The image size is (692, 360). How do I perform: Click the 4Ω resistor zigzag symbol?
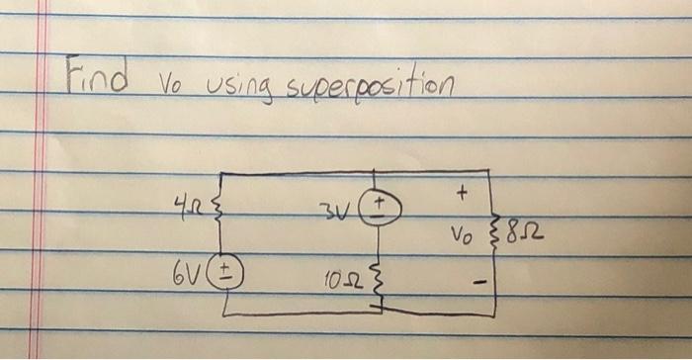click(x=218, y=211)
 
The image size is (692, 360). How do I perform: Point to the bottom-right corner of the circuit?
click(x=494, y=315)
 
